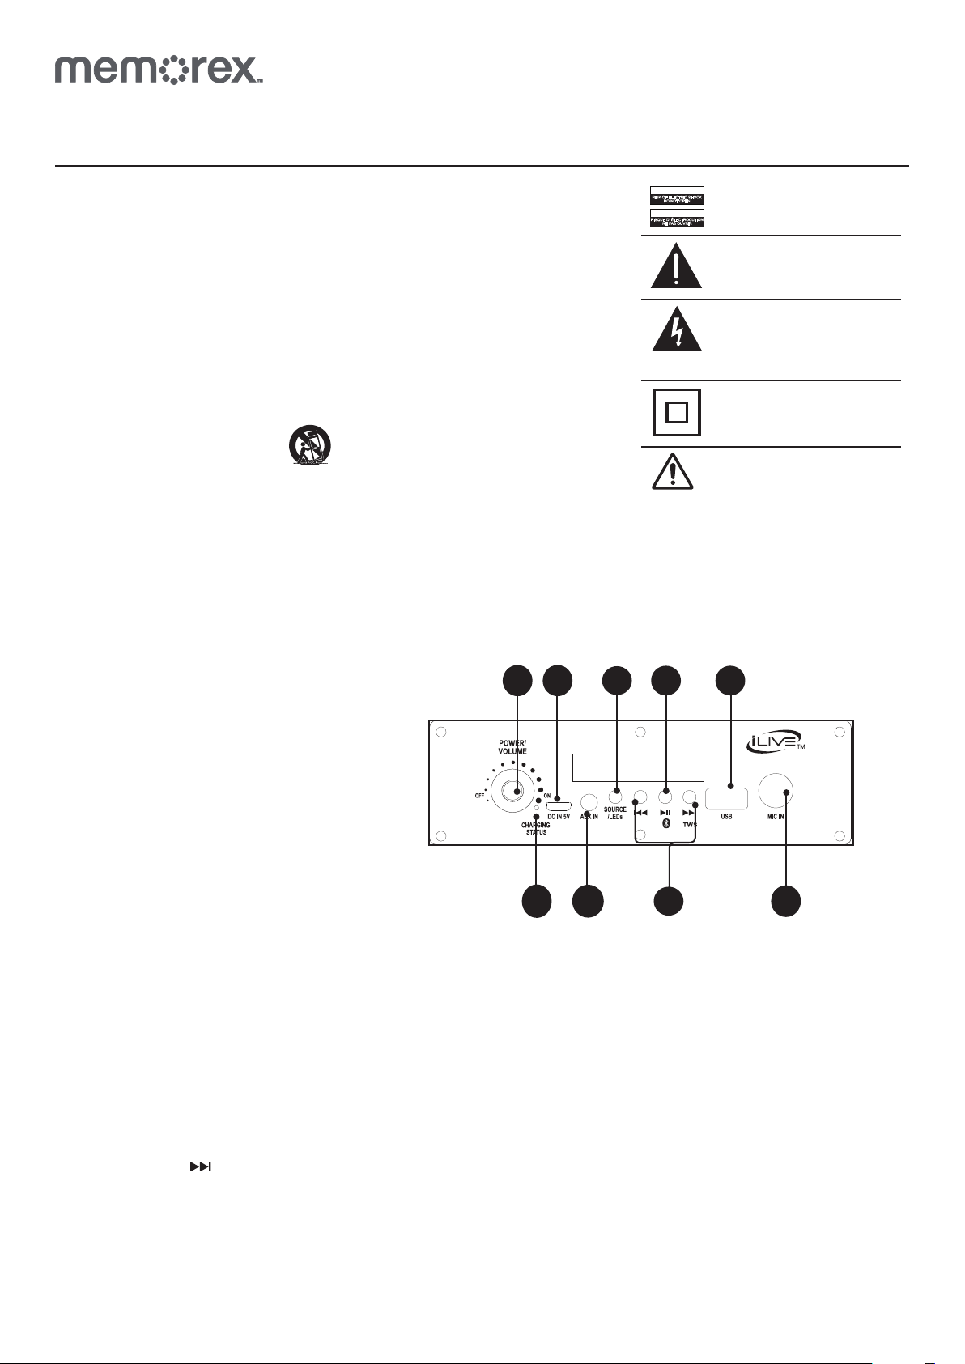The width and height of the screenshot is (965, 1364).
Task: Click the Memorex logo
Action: pyautogui.click(x=159, y=70)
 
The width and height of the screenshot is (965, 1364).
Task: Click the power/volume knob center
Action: pyautogui.click(x=517, y=791)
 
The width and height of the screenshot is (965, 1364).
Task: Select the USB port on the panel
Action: pyautogui.click(x=726, y=798)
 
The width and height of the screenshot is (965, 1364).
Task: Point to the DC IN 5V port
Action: pyautogui.click(x=559, y=805)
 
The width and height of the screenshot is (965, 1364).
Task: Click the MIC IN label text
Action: pyautogui.click(x=776, y=817)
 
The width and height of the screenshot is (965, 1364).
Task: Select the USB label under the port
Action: pyautogui.click(x=726, y=817)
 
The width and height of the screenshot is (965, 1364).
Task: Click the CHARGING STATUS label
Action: pyautogui.click(x=536, y=829)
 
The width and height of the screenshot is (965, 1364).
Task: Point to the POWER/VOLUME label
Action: pyautogui.click(x=512, y=746)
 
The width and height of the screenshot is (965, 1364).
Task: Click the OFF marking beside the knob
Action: pyautogui.click(x=479, y=796)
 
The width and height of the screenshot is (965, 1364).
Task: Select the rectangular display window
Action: pyautogui.click(x=638, y=767)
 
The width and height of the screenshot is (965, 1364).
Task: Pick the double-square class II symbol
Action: pyautogui.click(x=677, y=413)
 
